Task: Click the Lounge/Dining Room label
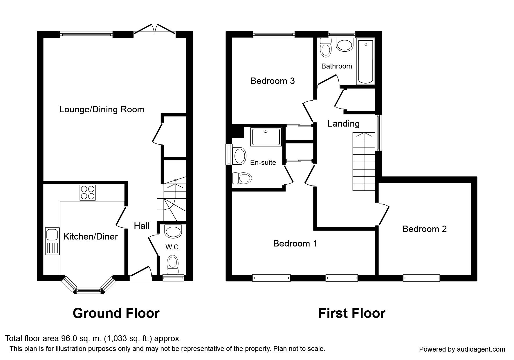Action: tap(102, 109)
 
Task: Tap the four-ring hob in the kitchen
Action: tap(88, 192)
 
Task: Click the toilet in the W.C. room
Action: tap(173, 264)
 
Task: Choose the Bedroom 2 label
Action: tap(424, 229)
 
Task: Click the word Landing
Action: tap(344, 124)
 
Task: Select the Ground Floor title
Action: tap(116, 313)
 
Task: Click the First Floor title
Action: tap(352, 313)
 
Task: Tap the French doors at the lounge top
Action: tap(155, 31)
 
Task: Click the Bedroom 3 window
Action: tap(274, 35)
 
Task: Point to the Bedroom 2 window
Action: tap(421, 278)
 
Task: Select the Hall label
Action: tap(142, 226)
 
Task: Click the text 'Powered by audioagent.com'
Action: tap(462, 349)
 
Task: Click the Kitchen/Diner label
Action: tap(91, 236)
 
